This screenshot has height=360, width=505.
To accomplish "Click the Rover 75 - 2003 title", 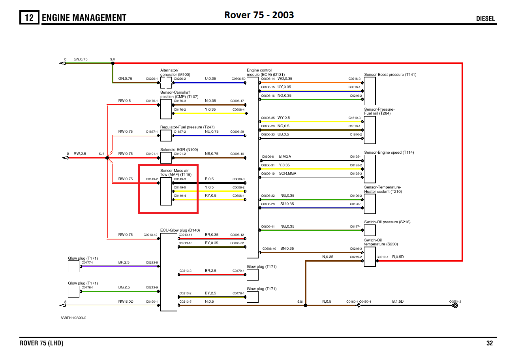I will (x=259, y=15).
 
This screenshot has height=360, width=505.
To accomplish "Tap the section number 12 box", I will (x=30, y=18).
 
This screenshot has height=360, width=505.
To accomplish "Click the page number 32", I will (x=490, y=343).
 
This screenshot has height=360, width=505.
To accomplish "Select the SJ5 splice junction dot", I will (x=107, y=158).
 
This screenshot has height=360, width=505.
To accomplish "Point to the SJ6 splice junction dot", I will (x=305, y=305).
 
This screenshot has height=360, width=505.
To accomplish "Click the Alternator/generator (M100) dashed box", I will (x=166, y=83).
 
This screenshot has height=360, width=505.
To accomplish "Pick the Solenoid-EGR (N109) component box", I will (x=166, y=158).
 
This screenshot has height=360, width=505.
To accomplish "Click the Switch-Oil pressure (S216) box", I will (x=370, y=230).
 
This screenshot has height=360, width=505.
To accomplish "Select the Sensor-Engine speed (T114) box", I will (x=370, y=166).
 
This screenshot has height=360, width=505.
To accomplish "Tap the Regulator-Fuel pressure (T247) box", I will (x=166, y=136).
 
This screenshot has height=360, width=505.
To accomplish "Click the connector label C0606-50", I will (x=238, y=79).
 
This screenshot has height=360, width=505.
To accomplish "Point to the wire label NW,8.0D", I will (x=126, y=301).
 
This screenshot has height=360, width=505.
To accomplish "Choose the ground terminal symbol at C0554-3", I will (x=455, y=305).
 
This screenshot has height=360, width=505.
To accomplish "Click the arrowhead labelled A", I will (x=62, y=305).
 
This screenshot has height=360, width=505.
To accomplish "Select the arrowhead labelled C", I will (x=62, y=63).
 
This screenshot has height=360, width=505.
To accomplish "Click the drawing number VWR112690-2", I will (x=73, y=318).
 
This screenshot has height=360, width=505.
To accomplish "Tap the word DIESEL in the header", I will (x=485, y=19).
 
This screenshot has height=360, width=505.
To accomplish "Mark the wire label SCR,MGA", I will (x=287, y=173).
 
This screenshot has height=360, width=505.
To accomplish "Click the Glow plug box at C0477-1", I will (x=73, y=267).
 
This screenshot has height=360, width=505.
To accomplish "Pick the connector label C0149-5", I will (x=180, y=187).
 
